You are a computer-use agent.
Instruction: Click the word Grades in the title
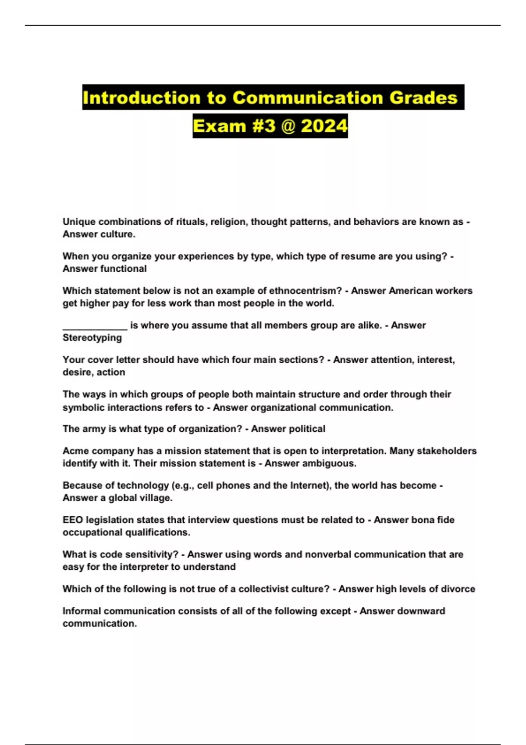423,97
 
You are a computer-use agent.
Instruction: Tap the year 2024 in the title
324,126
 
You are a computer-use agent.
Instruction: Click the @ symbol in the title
288,126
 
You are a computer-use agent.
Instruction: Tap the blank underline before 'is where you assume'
95,326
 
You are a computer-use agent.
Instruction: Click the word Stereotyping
92,337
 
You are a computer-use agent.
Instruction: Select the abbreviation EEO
72,520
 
